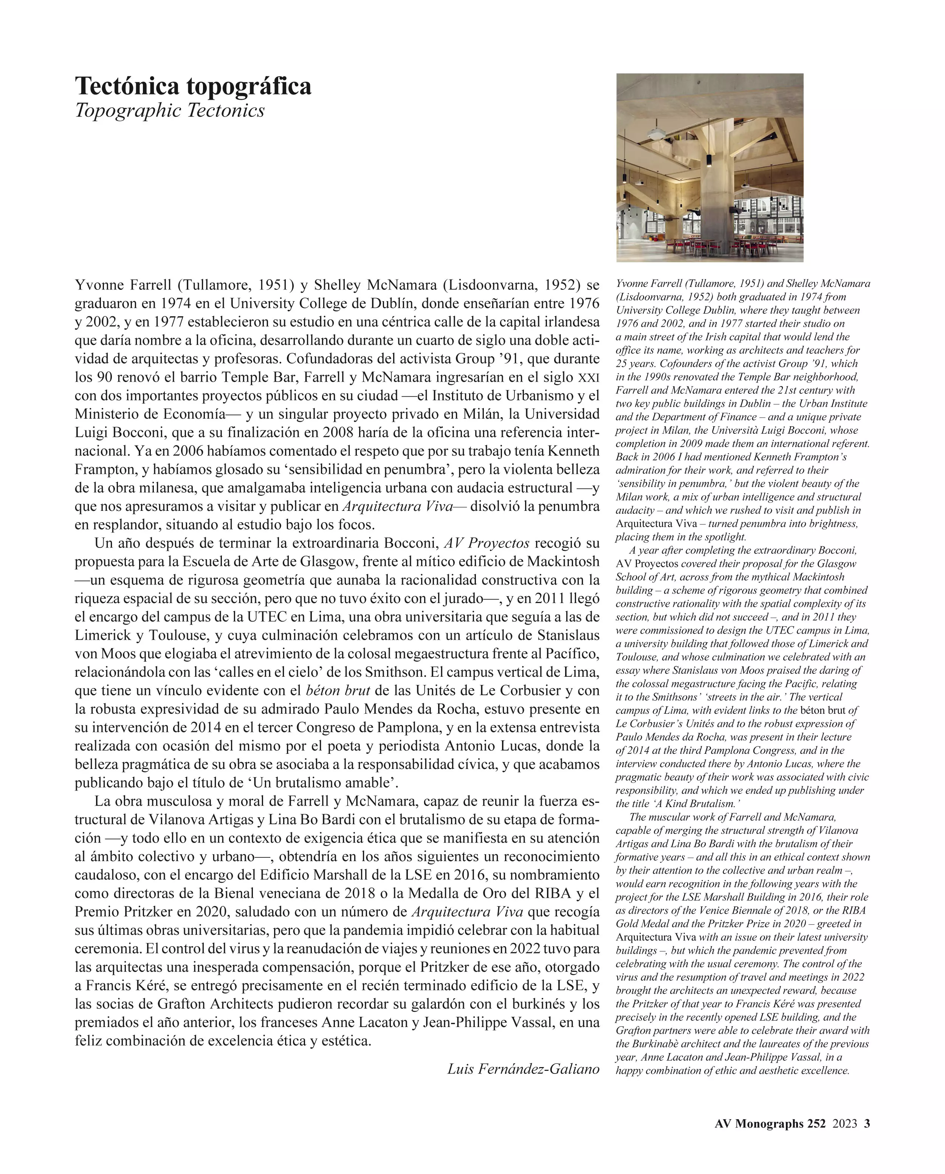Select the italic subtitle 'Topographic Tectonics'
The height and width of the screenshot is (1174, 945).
pos(169,111)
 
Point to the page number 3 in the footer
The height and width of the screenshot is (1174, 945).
pos(867,1123)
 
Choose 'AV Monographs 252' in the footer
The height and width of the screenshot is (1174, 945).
pos(770,1123)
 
